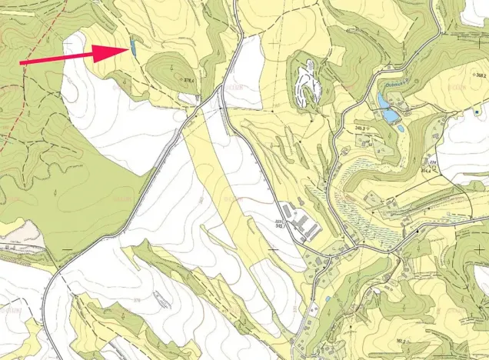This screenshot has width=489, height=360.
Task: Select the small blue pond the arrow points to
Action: [x=134, y=48]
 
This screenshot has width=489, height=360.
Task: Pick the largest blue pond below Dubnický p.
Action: [x=391, y=115]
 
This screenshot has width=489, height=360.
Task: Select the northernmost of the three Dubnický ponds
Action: [x=383, y=100]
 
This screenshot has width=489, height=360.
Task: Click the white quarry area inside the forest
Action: [x=308, y=82]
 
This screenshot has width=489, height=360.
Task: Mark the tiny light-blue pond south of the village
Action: [x=328, y=298]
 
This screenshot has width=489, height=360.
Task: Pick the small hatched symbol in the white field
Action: [x=161, y=298]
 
